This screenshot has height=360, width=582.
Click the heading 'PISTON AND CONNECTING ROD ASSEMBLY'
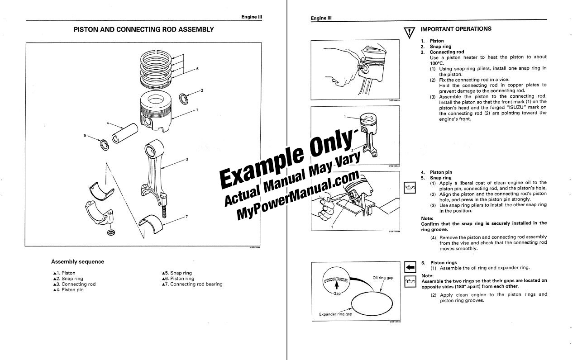click(143, 29)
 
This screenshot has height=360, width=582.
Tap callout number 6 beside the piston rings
click(197, 69)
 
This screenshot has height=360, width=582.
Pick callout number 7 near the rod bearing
click(186, 217)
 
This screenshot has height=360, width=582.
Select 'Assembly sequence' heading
click(77, 262)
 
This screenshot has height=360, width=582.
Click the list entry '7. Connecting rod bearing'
click(192, 284)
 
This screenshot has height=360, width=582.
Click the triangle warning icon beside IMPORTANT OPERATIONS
click(409, 33)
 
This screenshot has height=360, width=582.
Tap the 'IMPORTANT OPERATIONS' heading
click(456, 29)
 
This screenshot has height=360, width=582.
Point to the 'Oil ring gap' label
click(383, 278)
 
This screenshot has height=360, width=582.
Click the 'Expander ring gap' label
click(335, 314)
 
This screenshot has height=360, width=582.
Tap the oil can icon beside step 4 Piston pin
click(409, 187)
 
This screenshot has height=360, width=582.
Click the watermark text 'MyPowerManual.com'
click(299, 194)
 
